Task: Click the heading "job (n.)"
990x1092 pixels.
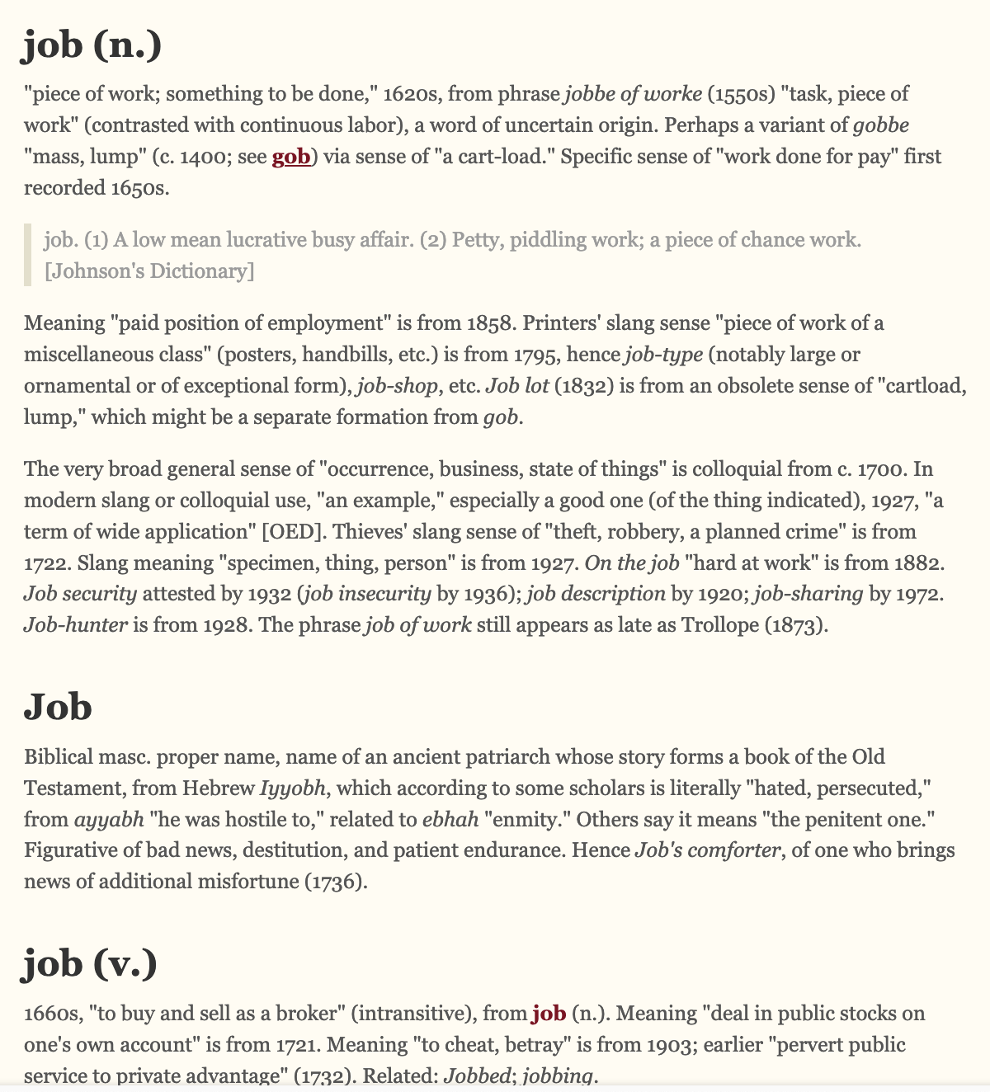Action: (x=92, y=46)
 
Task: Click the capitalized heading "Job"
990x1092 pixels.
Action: (x=58, y=707)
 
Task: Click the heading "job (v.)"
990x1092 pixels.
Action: (x=89, y=963)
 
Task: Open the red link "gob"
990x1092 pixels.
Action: (x=291, y=157)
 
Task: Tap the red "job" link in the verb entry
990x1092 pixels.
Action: (x=549, y=1013)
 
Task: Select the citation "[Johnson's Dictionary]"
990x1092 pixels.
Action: (x=149, y=271)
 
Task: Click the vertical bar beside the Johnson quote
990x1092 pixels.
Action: (x=28, y=255)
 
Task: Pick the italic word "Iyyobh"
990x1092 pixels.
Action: (x=293, y=788)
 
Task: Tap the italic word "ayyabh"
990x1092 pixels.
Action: (x=109, y=820)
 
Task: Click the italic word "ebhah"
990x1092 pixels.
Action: (x=450, y=820)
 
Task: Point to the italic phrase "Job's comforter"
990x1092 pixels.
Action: (x=707, y=850)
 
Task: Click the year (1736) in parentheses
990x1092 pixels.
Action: (x=335, y=882)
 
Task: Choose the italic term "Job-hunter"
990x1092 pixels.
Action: (x=76, y=625)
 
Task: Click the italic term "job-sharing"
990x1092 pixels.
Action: (x=809, y=594)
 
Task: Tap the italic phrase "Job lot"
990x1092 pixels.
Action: (x=517, y=385)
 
